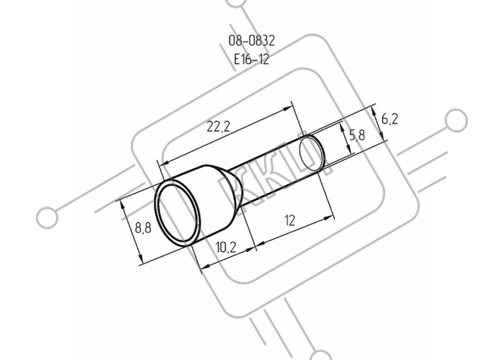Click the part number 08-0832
tap(252, 41)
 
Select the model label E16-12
tap(251, 59)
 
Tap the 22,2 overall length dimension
tap(218, 127)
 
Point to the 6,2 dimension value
tap(390, 120)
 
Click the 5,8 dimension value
tap(357, 135)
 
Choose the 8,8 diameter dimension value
tap(143, 228)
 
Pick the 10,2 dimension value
tap(226, 247)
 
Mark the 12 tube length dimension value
tap(289, 221)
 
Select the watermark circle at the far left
tap(48, 217)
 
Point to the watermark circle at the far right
tap(456, 120)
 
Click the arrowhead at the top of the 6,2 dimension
tap(374, 110)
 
